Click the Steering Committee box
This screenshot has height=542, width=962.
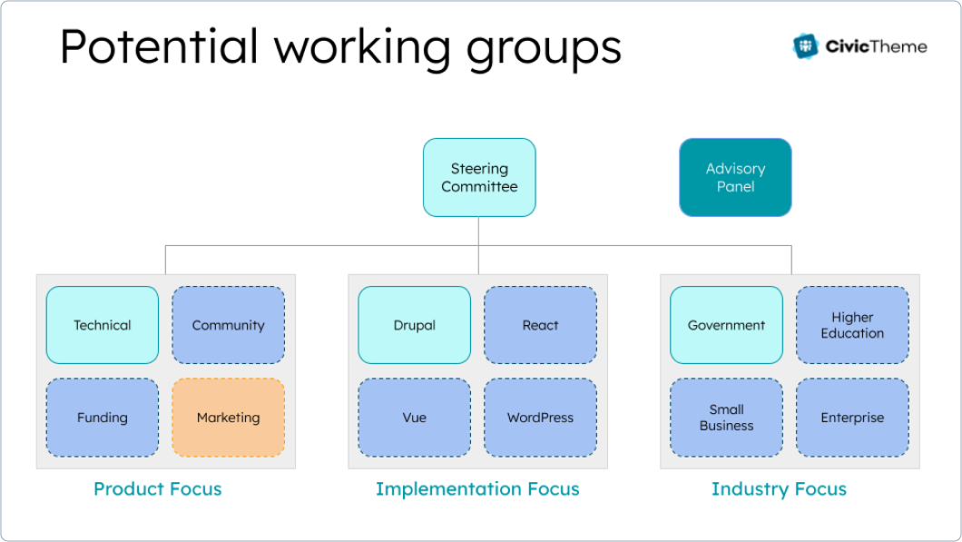(x=479, y=177)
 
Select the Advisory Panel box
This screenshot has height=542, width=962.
(x=735, y=177)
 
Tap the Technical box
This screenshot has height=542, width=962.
(x=103, y=325)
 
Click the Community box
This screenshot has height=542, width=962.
(x=228, y=325)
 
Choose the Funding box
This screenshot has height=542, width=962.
(x=103, y=418)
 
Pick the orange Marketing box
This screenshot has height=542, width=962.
(x=228, y=418)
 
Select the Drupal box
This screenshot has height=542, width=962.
(x=415, y=325)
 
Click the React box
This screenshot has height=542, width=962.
(x=540, y=325)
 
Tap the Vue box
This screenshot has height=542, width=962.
(x=415, y=418)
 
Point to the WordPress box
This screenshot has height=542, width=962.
(x=540, y=418)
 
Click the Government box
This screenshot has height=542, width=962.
(x=726, y=325)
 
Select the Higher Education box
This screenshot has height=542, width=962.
(x=852, y=325)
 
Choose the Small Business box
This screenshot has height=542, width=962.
(x=726, y=418)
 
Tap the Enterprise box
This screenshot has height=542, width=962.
(x=852, y=418)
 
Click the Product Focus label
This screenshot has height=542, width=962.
(x=158, y=489)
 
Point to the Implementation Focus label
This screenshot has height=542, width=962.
(x=477, y=489)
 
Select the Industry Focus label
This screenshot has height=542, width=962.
(x=779, y=489)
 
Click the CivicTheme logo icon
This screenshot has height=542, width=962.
(x=805, y=46)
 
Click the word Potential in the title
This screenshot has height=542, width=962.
(x=160, y=47)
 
